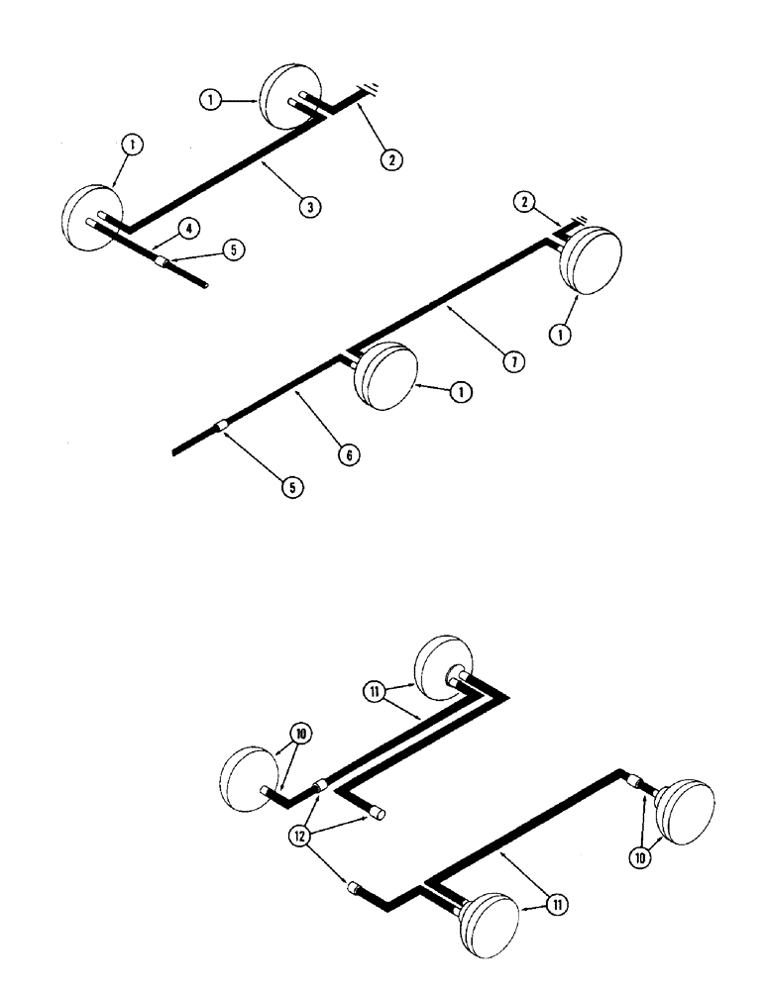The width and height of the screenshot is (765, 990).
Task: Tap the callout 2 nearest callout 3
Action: (395, 156)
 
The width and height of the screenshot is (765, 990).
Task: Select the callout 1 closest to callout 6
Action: (459, 391)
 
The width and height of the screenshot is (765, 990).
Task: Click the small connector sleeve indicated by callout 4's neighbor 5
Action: (162, 260)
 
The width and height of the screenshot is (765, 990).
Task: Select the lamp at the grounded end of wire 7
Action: (592, 260)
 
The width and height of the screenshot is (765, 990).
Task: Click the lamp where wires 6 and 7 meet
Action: (383, 373)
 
